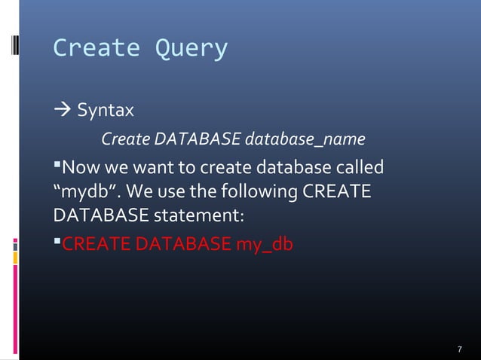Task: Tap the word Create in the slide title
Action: point(97,48)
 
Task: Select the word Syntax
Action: point(106,111)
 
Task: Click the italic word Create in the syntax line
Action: point(125,140)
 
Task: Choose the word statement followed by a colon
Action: point(199,216)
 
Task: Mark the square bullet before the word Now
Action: point(57,164)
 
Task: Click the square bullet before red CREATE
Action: point(57,242)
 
